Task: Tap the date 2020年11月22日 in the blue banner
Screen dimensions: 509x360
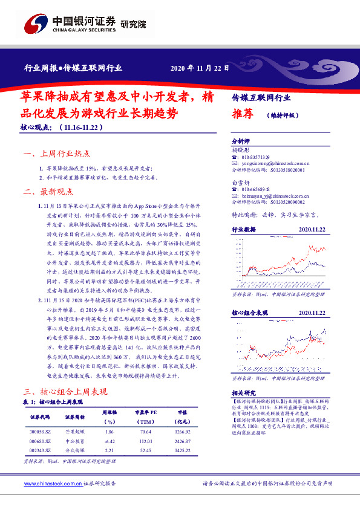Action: tap(200, 68)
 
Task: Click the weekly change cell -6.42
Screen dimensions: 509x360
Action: tap(109, 442)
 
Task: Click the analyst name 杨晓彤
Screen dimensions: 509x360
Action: tap(241, 149)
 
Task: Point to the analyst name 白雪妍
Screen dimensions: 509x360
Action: tap(241, 181)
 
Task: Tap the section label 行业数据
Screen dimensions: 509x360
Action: tap(244, 230)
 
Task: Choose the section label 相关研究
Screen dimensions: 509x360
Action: tap(244, 392)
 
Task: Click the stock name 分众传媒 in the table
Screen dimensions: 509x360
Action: tap(75, 451)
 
